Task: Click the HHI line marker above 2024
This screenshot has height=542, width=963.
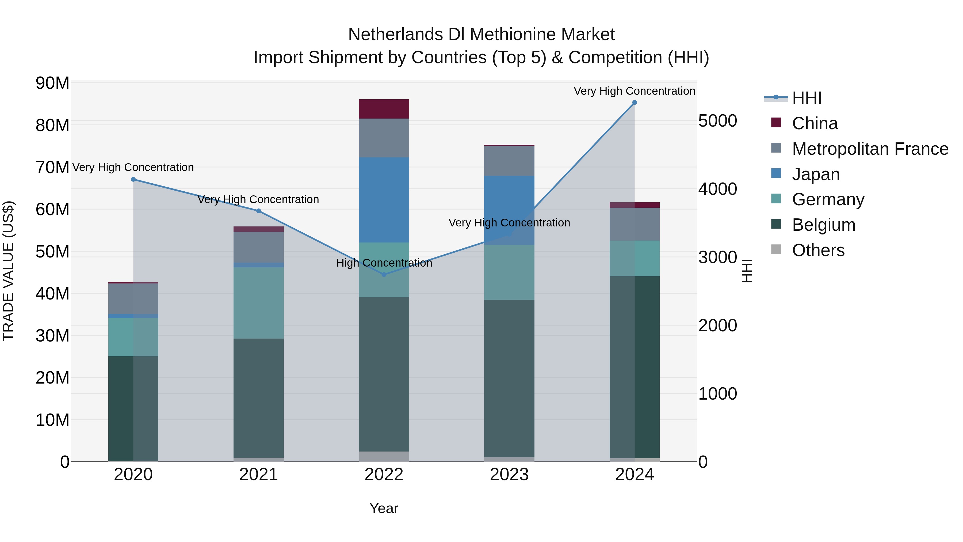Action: coord(635,103)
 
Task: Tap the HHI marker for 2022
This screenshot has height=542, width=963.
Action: coord(384,275)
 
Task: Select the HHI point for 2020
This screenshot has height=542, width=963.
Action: coord(133,180)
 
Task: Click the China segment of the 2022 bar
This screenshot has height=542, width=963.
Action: coord(384,109)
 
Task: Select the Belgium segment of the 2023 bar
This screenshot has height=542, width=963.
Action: coord(509,378)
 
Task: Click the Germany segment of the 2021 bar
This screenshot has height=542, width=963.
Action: coord(258,303)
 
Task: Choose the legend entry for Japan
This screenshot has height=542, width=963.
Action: coord(816,174)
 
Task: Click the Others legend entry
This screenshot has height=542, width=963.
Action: coord(818,250)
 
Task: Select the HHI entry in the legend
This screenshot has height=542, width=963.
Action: coord(806,98)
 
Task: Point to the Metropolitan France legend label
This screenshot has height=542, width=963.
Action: coord(870,149)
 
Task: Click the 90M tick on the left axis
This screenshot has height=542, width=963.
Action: coord(52,83)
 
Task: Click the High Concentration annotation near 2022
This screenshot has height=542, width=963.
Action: coord(384,263)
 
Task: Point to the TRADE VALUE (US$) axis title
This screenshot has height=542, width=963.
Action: coord(8,271)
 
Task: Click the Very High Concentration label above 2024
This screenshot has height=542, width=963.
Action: coord(635,91)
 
